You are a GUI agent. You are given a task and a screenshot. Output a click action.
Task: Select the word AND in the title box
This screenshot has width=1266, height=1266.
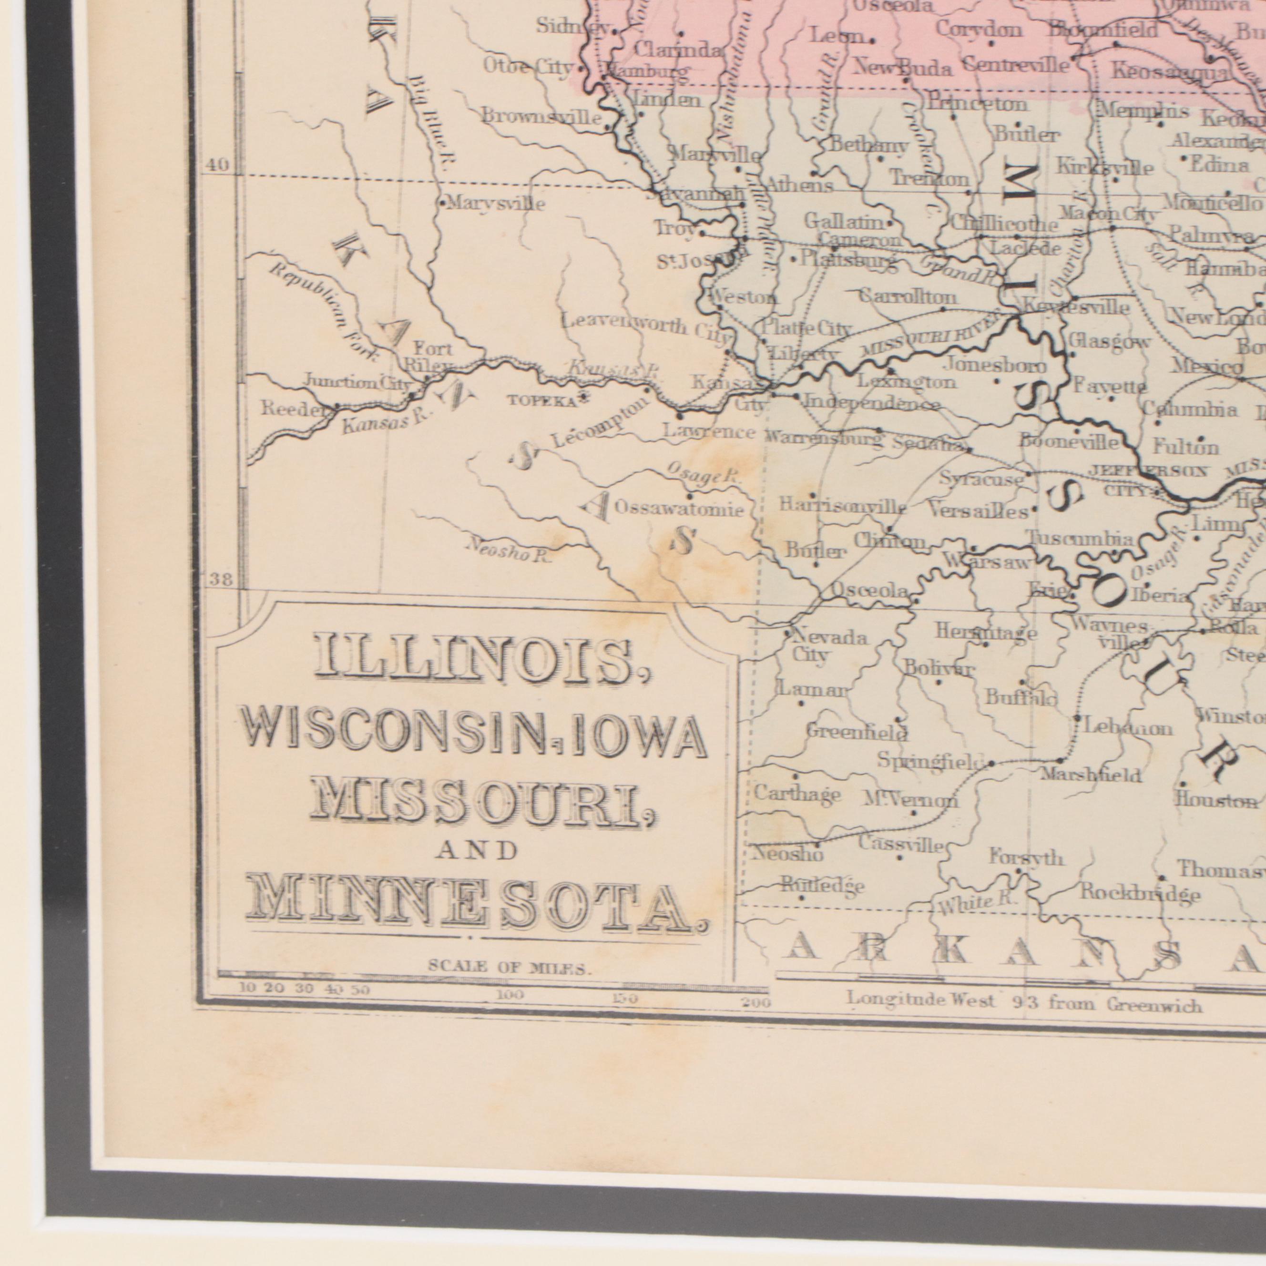tap(476, 850)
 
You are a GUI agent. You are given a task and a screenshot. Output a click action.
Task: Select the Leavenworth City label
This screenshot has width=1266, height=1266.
tap(645, 327)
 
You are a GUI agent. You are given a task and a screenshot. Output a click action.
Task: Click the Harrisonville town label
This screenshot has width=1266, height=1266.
tap(843, 506)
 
